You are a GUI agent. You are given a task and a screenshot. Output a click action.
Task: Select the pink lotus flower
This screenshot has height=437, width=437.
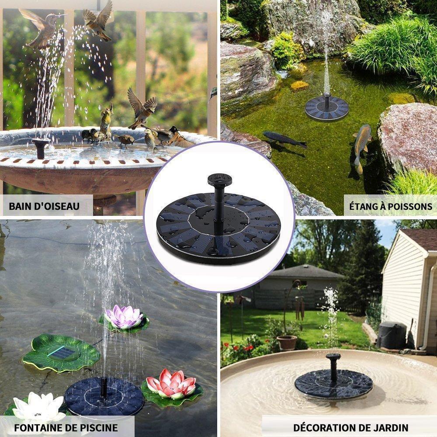(x=171, y=384)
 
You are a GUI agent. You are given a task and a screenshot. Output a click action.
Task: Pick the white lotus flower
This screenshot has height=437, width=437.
(x=38, y=406)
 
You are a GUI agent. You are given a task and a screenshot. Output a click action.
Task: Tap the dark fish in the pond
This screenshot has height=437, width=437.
(x=284, y=139)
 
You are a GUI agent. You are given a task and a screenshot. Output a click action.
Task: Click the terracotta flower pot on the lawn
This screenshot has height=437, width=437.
(x=287, y=343)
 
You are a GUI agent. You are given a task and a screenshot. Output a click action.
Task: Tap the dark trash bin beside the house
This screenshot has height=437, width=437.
(x=392, y=335)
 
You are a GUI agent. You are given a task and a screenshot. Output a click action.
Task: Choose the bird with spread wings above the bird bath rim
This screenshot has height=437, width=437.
(x=142, y=108)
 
